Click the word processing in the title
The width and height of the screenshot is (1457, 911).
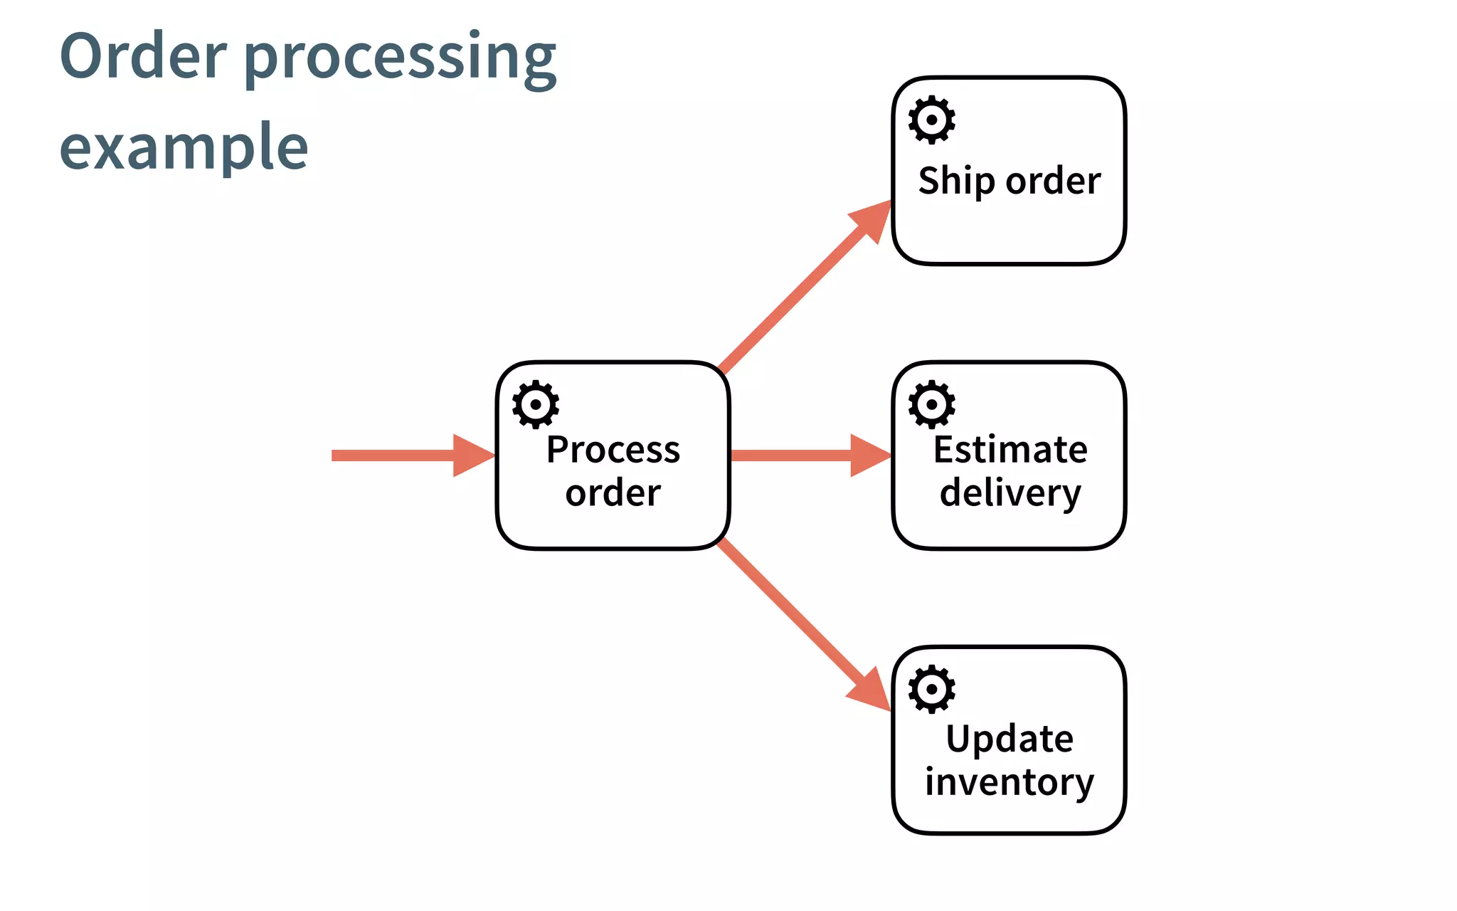coord(400,58)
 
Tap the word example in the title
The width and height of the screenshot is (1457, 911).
coord(184,147)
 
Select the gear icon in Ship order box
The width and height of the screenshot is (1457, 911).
coord(931,120)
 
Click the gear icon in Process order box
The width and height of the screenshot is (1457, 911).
coord(535,404)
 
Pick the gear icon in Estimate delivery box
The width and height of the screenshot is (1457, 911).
coord(931,404)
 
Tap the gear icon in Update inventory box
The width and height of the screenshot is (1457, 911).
coord(931,689)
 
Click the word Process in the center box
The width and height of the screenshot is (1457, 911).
coord(613,450)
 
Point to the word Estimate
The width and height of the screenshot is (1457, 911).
coord(1010,450)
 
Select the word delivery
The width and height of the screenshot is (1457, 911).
coord(1010,493)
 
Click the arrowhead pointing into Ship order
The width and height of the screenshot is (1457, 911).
coord(874,219)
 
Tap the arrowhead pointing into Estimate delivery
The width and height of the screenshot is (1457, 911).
coord(869,455)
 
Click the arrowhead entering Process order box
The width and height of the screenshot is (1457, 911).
coord(472,455)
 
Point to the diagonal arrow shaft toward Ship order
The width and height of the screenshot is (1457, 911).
coord(790,299)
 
